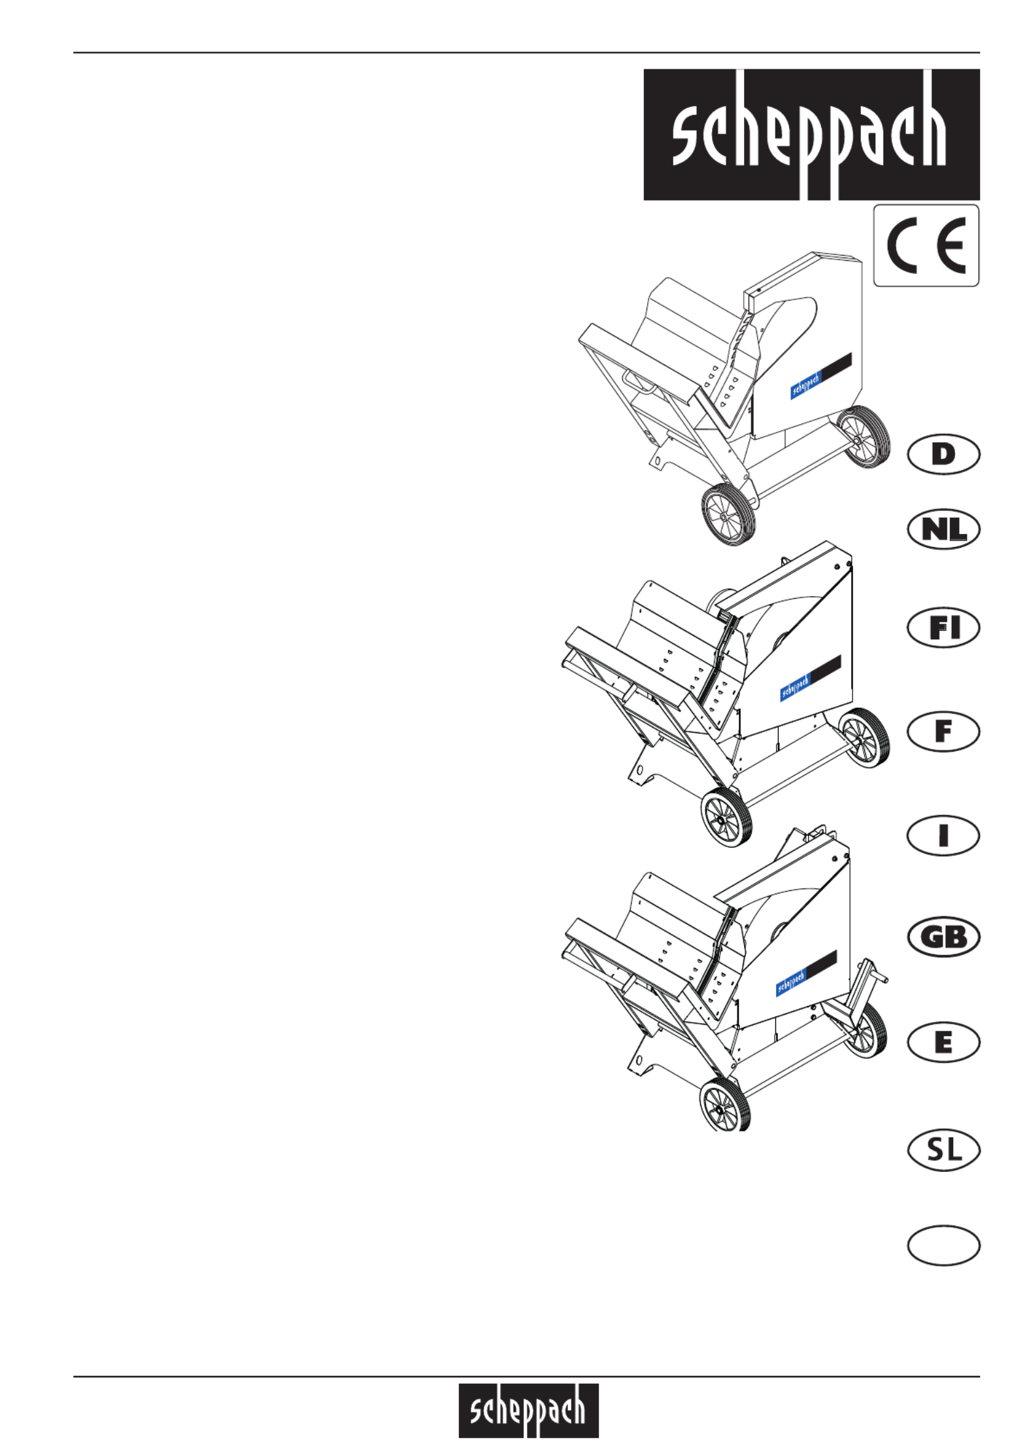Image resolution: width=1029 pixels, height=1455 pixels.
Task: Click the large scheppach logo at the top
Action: pos(811,135)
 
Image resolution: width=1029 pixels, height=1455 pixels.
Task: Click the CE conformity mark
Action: pos(926,246)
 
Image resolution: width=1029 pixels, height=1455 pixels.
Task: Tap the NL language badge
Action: pos(943,529)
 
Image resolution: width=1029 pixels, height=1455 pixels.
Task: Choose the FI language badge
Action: pos(943,628)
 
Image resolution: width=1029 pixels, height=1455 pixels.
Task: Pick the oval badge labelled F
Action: pos(943,731)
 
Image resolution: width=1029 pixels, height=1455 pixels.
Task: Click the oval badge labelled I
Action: pos(943,835)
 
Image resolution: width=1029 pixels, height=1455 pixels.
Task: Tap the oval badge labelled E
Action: pos(943,1042)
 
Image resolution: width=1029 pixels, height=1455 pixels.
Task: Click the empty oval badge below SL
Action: pos(943,1245)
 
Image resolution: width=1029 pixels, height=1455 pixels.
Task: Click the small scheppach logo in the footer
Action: pos(528,1410)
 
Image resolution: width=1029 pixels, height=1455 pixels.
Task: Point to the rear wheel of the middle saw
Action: pos(863,739)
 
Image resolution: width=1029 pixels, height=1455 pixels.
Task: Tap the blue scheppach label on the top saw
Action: pos(805,384)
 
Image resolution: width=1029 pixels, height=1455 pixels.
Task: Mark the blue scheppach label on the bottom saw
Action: pos(791,981)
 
